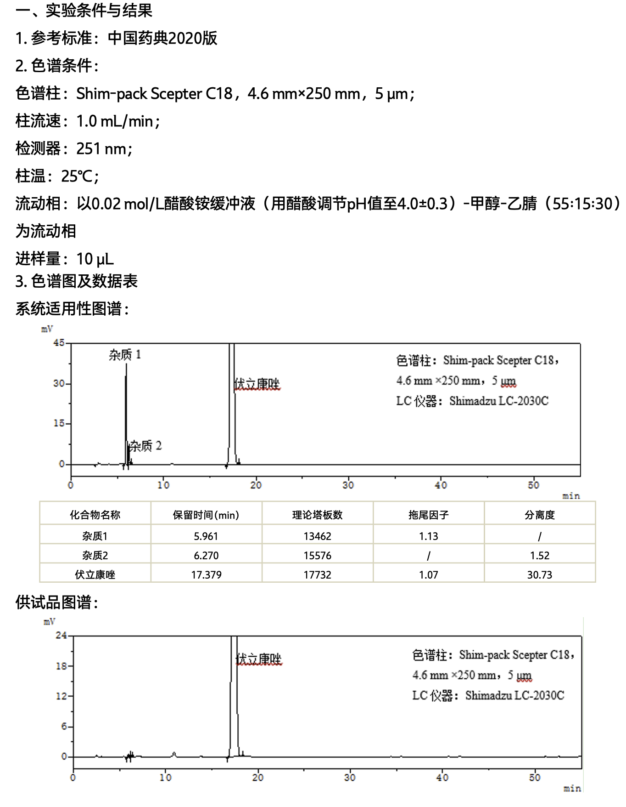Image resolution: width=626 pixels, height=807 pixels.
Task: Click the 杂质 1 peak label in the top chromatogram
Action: [x=125, y=355]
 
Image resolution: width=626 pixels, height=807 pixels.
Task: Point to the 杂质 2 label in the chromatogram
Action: [x=145, y=446]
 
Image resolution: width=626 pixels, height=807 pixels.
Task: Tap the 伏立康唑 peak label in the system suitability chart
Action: [x=257, y=384]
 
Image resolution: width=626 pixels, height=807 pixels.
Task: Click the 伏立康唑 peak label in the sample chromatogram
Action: [x=259, y=659]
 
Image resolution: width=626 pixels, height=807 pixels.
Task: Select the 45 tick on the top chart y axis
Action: [x=59, y=343]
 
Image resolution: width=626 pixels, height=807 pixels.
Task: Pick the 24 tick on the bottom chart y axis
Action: [x=61, y=636]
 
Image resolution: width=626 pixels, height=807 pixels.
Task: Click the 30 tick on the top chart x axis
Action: [x=348, y=485]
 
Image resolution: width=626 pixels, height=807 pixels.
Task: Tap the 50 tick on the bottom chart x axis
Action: [x=535, y=778]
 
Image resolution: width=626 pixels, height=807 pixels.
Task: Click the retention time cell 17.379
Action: [x=206, y=575]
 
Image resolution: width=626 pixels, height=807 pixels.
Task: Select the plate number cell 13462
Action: [x=317, y=536]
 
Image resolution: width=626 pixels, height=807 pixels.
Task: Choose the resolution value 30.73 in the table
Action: [x=540, y=575]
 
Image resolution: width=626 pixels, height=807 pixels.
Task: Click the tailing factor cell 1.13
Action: [x=428, y=536]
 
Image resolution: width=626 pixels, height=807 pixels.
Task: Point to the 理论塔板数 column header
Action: [x=317, y=515]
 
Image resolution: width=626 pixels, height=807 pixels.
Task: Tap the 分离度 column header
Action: [x=540, y=515]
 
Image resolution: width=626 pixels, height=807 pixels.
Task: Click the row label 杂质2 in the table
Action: [x=95, y=556]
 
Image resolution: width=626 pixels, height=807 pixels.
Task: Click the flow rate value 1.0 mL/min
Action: [x=115, y=121]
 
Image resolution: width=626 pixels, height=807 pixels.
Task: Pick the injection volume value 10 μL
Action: [x=95, y=259]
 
